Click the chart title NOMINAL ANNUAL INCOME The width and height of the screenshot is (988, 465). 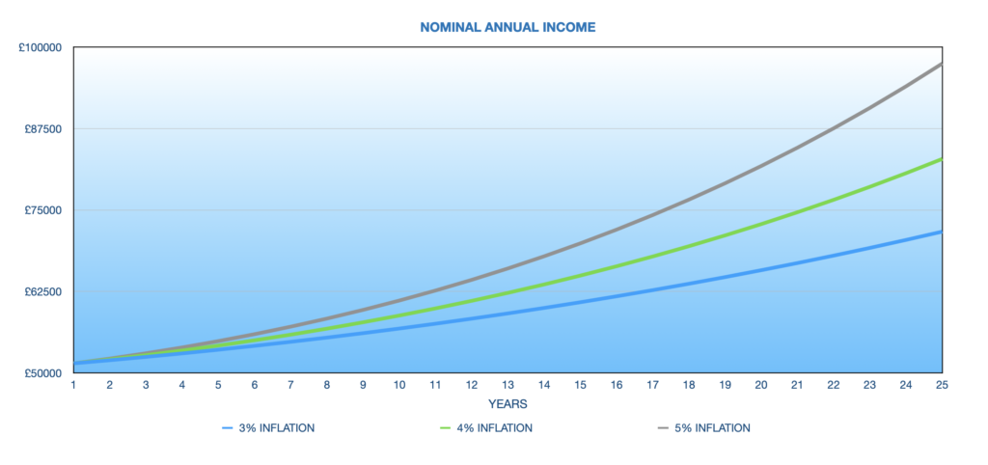tap(508, 27)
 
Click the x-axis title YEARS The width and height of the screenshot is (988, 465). tap(508, 403)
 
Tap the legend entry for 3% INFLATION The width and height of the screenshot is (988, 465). tap(268, 428)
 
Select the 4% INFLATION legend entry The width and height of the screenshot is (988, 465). tap(486, 428)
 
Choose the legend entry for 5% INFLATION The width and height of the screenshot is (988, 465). tap(703, 428)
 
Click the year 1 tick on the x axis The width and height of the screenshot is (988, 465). tap(73, 384)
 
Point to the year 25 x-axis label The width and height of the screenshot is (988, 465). tap(942, 384)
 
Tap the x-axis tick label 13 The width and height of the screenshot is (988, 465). tap(508, 384)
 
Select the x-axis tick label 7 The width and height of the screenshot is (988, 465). tap(291, 384)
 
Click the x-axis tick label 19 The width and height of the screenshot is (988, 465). tap(725, 384)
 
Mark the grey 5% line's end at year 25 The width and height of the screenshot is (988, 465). tap(942, 64)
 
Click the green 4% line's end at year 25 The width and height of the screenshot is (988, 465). tap(942, 159)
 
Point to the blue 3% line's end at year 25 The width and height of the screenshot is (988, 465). tap(942, 232)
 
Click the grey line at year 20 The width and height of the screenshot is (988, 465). tap(761, 166)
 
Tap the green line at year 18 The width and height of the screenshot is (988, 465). tap(689, 246)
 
